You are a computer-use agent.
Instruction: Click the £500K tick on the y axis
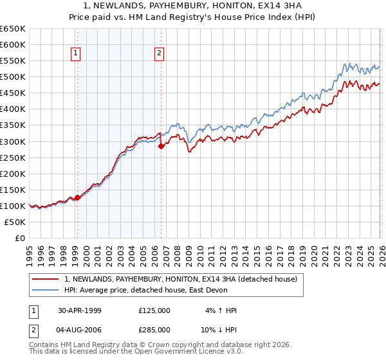13,77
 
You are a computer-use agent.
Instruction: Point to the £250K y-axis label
13,157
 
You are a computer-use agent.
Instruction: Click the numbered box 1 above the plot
77,54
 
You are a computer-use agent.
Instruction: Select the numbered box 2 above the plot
159,54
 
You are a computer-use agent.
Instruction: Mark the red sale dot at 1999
77,197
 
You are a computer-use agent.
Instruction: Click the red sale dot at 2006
161,146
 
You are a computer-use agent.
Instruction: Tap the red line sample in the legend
46,280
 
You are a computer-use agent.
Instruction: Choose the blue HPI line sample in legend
46,291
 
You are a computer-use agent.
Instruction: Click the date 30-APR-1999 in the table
80,310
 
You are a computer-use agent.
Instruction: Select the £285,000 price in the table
154,330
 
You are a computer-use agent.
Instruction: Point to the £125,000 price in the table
154,310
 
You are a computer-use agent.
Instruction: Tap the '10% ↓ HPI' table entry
218,330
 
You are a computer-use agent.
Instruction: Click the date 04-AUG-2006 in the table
80,330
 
